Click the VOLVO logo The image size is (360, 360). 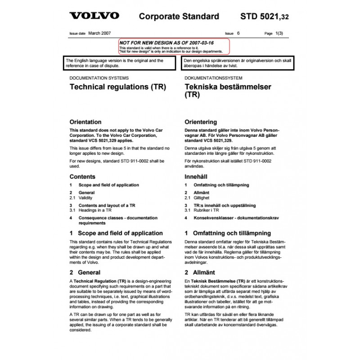94,16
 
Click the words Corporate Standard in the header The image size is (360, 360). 179,17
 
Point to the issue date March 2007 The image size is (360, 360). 99,33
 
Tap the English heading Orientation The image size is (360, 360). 85,122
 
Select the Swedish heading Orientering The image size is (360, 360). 201,122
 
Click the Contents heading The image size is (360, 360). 82,177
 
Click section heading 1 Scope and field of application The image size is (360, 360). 116,233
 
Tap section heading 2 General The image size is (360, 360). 85,272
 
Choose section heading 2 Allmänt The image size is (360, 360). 200,272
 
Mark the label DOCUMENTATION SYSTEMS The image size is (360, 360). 95,77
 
